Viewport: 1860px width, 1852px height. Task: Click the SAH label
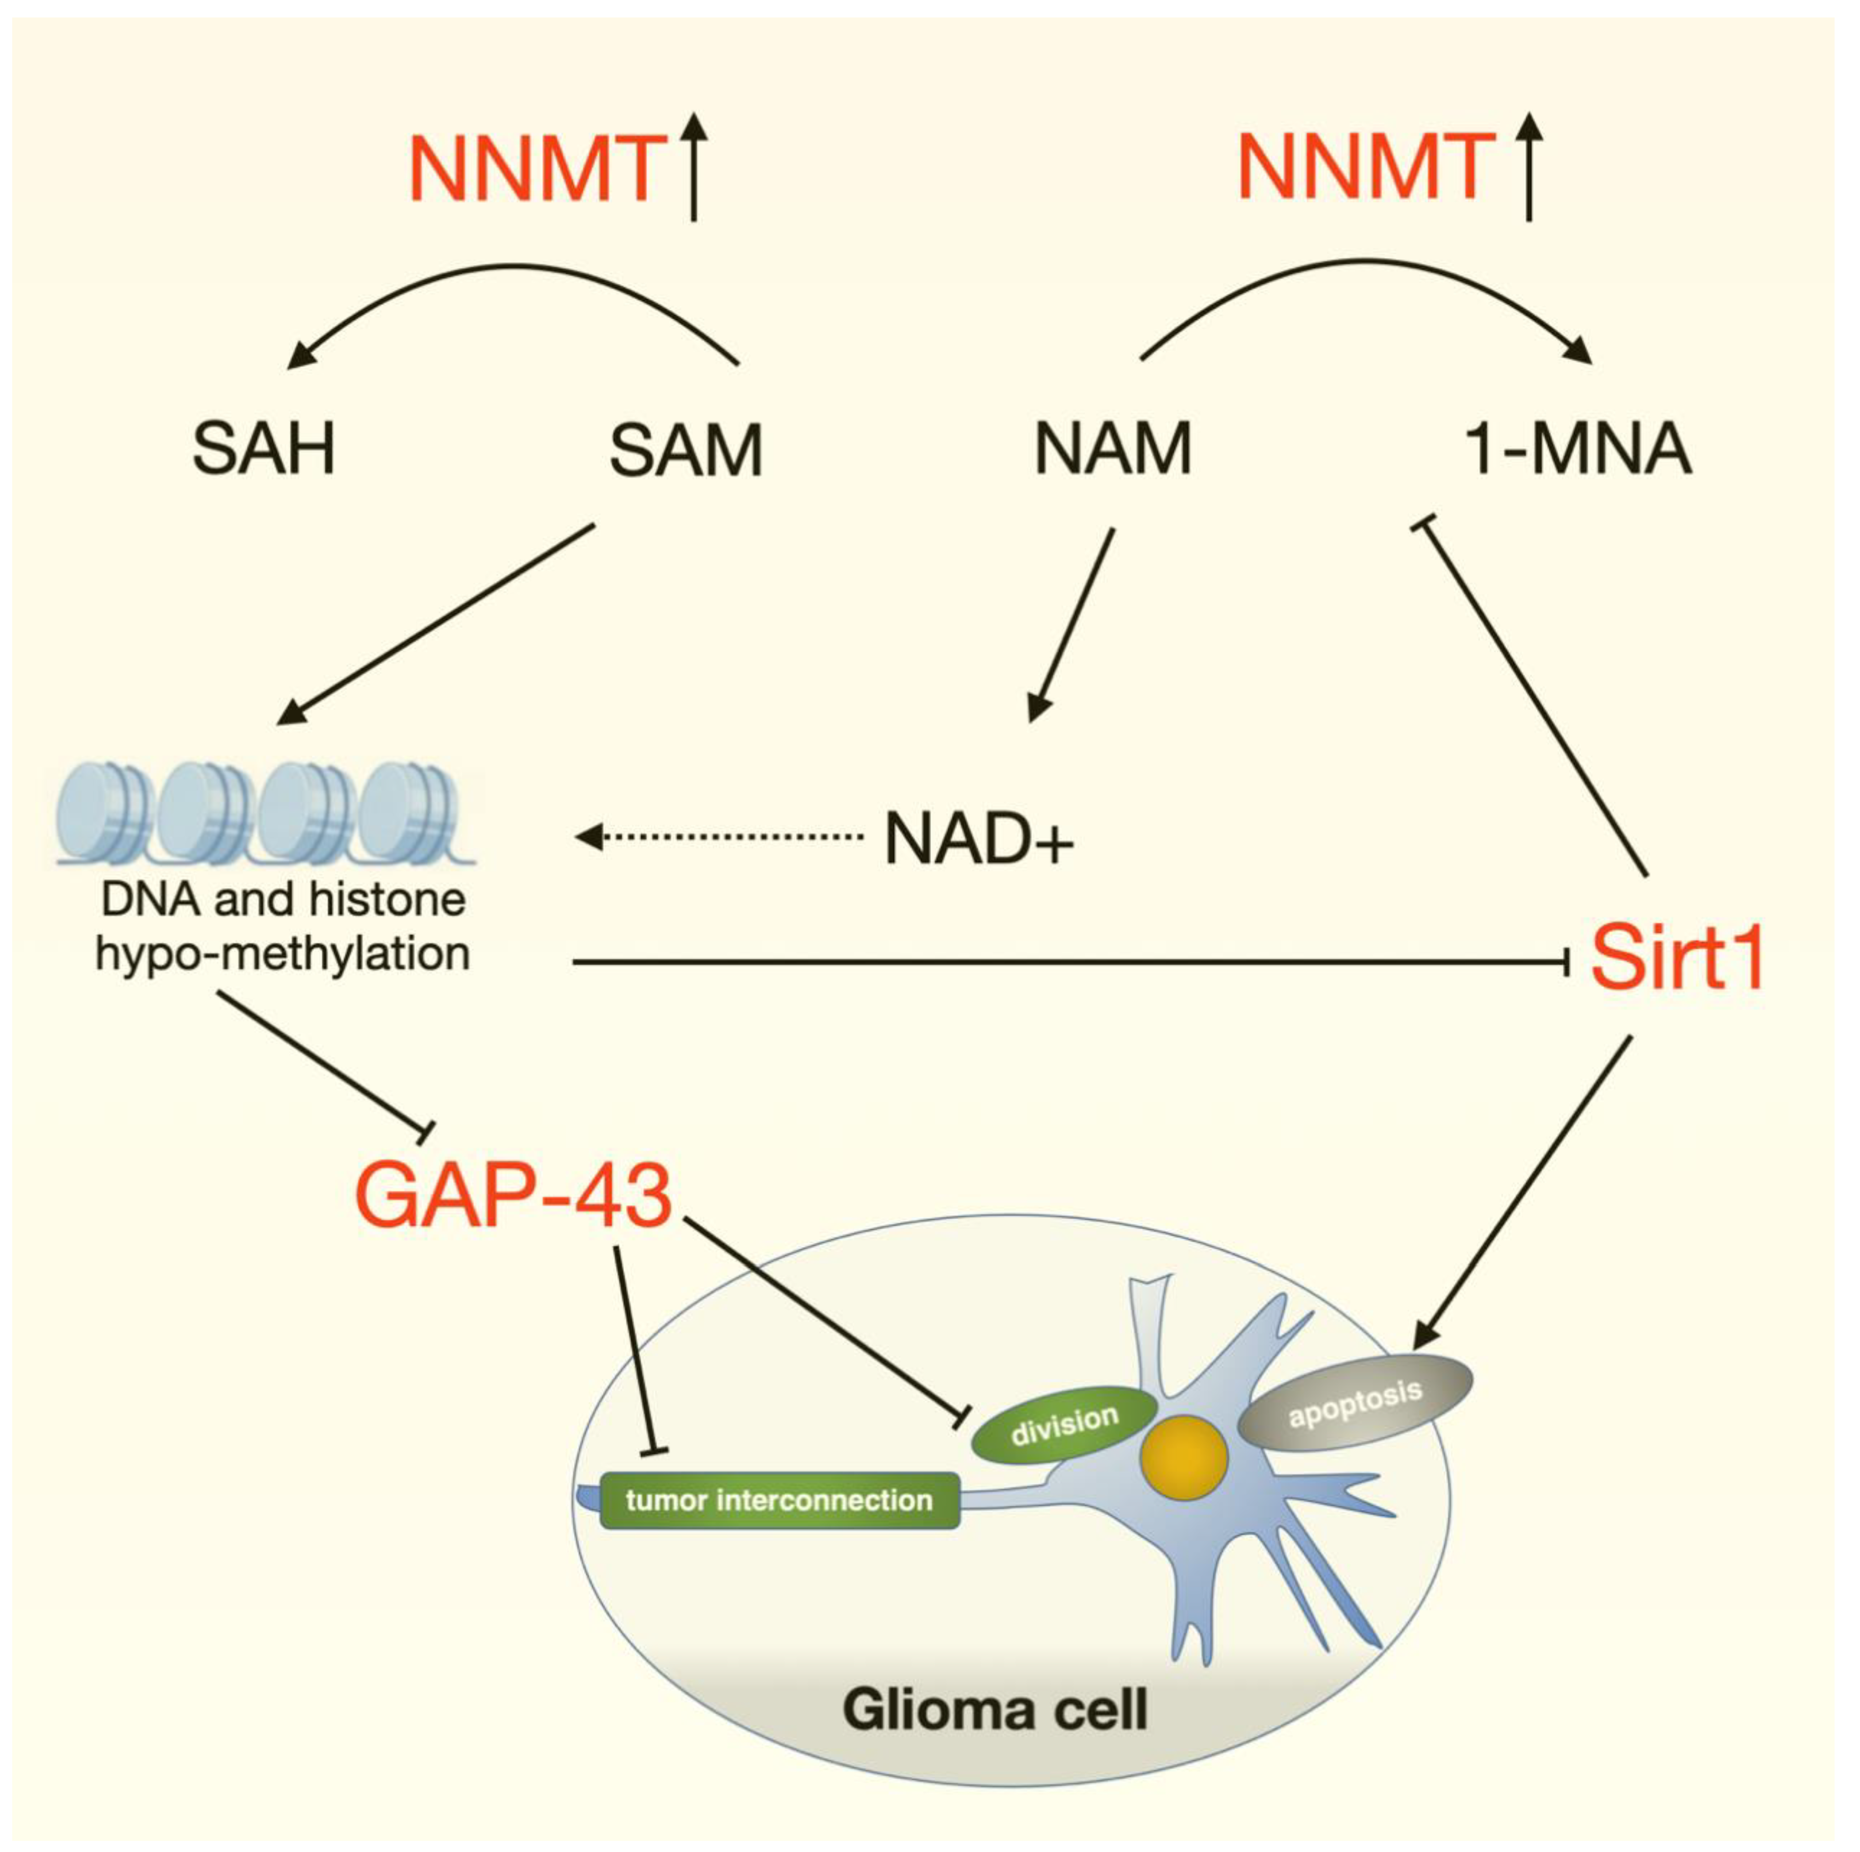264,450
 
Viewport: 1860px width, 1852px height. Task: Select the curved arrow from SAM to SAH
515,267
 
